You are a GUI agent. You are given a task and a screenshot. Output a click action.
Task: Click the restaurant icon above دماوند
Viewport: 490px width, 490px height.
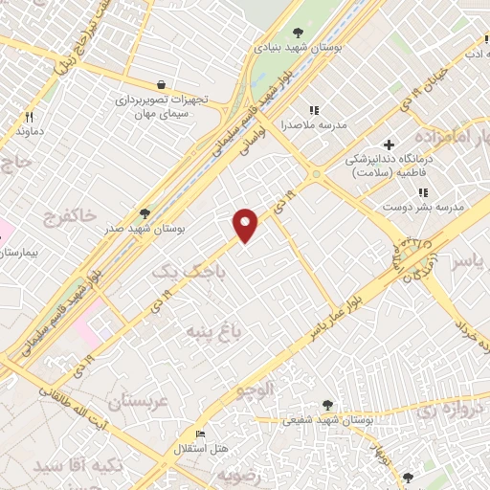[29, 118]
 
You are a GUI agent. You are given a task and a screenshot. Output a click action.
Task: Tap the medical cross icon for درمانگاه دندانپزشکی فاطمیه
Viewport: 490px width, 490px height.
[390, 145]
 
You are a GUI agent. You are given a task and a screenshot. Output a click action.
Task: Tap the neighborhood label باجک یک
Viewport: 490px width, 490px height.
[180, 273]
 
